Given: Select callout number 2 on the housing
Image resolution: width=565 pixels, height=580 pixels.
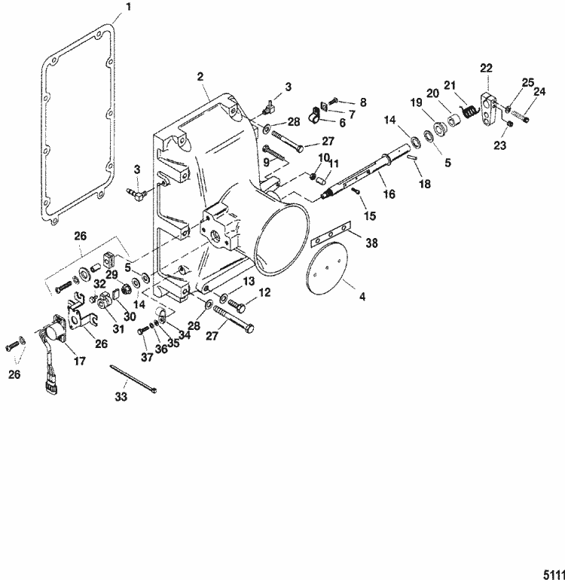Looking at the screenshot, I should pyautogui.click(x=200, y=76).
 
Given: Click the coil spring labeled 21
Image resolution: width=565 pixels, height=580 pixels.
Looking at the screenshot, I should pyautogui.click(x=469, y=111).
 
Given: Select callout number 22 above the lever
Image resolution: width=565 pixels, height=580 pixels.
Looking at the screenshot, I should pyautogui.click(x=485, y=69).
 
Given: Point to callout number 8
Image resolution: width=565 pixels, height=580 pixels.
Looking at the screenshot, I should pyautogui.click(x=362, y=100).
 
